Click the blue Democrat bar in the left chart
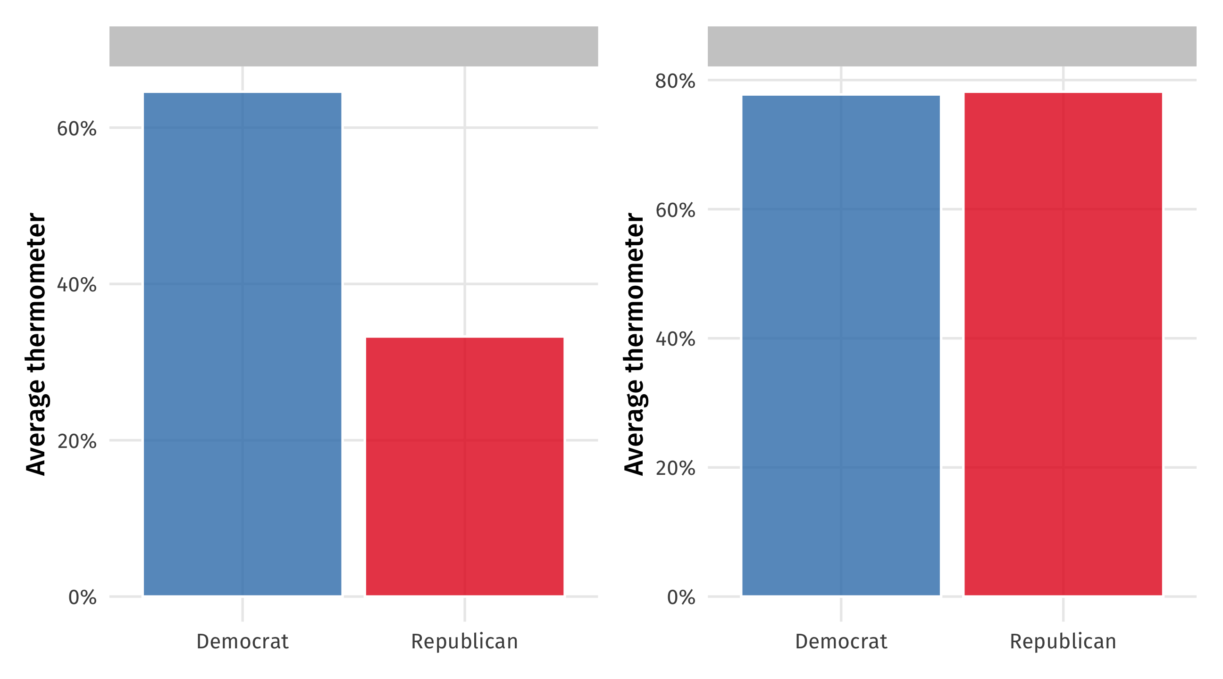(x=242, y=344)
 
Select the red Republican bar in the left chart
(x=464, y=466)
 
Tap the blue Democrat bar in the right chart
(x=841, y=345)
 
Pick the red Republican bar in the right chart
(x=1063, y=344)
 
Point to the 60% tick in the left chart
(x=76, y=129)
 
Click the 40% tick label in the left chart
(x=76, y=285)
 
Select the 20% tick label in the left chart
(x=76, y=441)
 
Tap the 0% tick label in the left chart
(x=82, y=597)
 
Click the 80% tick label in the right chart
(x=675, y=81)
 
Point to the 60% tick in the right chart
(x=675, y=210)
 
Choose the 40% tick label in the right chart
(x=675, y=339)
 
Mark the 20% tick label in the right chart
(x=675, y=468)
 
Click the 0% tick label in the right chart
(x=681, y=597)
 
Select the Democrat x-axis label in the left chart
(x=242, y=642)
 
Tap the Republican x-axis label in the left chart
(x=464, y=642)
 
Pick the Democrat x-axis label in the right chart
(x=841, y=642)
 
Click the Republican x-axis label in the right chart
(x=1063, y=642)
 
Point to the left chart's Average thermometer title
(x=36, y=344)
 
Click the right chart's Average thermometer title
(x=634, y=344)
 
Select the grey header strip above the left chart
(x=354, y=46)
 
